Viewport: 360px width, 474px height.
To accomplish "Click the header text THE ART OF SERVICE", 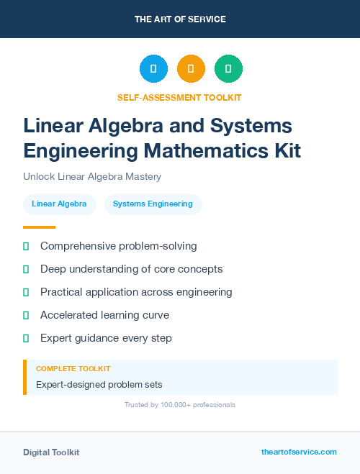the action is point(180,19).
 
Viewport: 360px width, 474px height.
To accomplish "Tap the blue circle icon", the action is point(153,69).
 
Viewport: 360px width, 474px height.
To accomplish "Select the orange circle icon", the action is point(191,69).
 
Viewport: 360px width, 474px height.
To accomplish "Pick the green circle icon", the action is point(228,69).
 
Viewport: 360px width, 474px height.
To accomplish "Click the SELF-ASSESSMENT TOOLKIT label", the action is point(179,97).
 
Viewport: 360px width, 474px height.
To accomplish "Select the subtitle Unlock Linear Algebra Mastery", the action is point(91,176).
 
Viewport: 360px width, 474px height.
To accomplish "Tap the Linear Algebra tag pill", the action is point(59,204).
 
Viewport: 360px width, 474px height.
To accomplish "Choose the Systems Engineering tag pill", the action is point(153,204).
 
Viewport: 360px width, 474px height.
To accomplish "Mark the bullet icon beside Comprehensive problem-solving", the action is point(26,247).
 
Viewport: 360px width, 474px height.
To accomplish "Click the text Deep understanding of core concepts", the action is point(131,269).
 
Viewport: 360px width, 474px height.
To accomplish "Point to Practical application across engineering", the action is point(136,292).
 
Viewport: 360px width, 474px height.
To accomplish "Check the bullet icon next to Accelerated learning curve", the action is point(26,315).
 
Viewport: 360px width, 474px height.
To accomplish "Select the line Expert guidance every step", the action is point(106,338).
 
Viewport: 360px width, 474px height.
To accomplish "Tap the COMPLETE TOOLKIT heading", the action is point(73,368).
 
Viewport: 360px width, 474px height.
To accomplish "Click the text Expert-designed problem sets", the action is point(99,384).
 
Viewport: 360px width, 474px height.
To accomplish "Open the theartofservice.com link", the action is point(299,452).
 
